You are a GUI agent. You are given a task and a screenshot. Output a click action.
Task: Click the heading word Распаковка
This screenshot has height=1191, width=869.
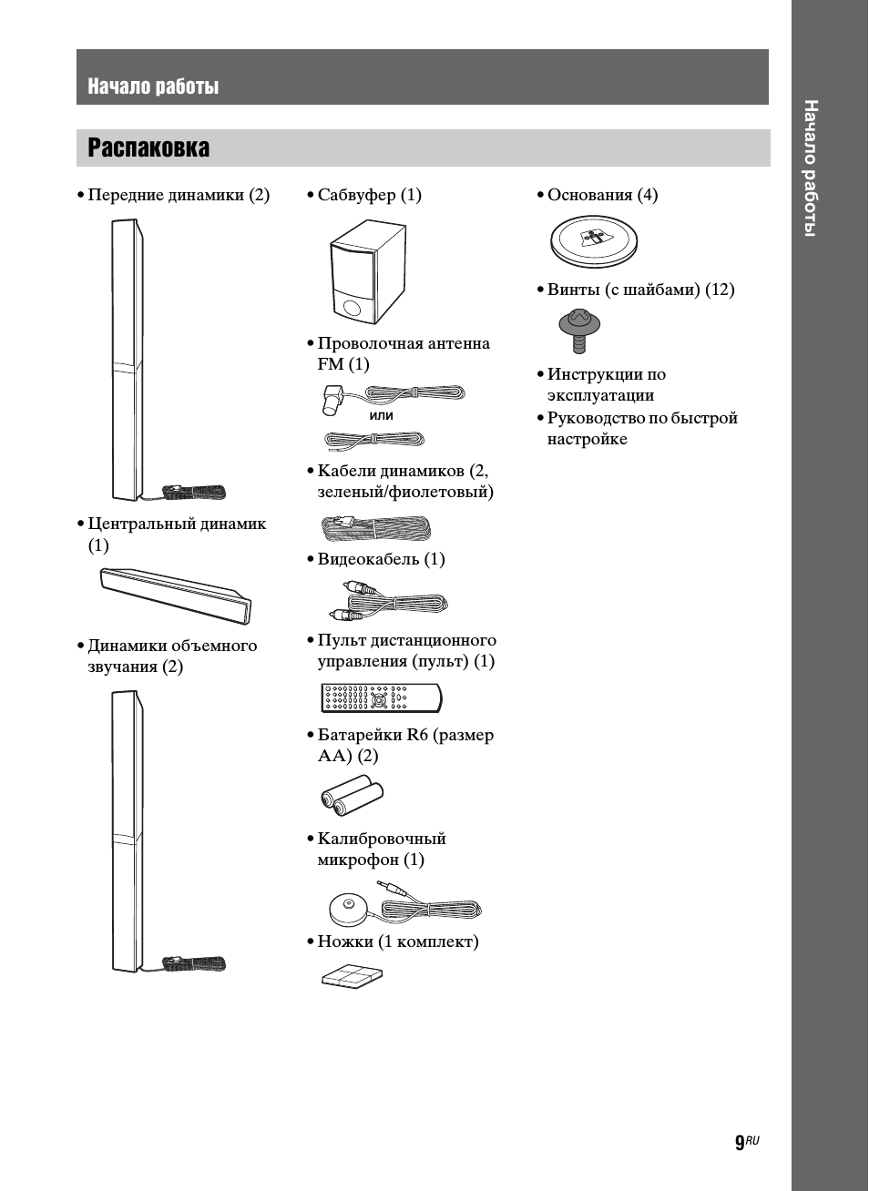pos(148,148)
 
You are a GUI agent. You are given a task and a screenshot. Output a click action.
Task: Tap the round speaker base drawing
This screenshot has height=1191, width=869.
pos(594,241)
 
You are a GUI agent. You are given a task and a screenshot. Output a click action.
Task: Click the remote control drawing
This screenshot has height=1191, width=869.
pos(381,698)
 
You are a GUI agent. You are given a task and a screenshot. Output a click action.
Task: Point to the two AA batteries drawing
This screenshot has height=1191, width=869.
pos(351,796)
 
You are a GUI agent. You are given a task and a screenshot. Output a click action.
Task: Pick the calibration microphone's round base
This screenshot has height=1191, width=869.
pos(348,907)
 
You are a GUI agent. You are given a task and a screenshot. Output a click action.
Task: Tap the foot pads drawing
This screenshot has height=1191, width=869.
pos(353,975)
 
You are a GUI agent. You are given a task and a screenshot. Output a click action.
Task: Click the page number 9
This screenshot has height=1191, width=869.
pos(741,1144)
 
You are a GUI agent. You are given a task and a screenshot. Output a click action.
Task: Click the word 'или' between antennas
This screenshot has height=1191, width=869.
pos(382,415)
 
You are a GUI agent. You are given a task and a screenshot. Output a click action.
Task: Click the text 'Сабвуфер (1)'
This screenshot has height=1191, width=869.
pos(369,195)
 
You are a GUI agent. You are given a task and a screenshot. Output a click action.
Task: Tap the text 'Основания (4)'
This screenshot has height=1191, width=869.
pos(602,195)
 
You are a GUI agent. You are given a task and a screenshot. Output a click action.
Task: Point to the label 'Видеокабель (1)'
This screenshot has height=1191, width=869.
pos(381,559)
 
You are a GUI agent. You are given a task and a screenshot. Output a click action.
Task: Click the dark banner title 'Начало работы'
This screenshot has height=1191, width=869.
pos(153,87)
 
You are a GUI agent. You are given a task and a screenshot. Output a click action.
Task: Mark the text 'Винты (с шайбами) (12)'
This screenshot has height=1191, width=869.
pos(640,290)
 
